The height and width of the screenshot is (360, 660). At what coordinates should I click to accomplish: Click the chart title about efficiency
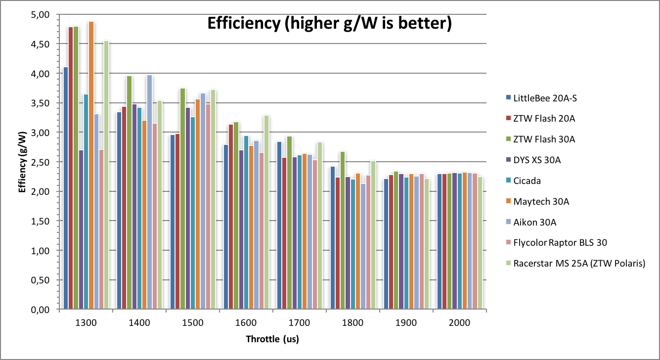[329, 24]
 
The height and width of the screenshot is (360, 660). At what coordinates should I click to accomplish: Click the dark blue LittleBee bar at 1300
[66, 188]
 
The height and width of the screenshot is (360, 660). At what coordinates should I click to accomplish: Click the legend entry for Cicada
[527, 181]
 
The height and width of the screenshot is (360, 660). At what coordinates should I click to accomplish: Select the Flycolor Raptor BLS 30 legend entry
[560, 243]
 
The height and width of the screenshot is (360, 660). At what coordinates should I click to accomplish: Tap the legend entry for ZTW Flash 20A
[544, 119]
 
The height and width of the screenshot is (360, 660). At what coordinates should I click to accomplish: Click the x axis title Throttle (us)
[272, 340]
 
